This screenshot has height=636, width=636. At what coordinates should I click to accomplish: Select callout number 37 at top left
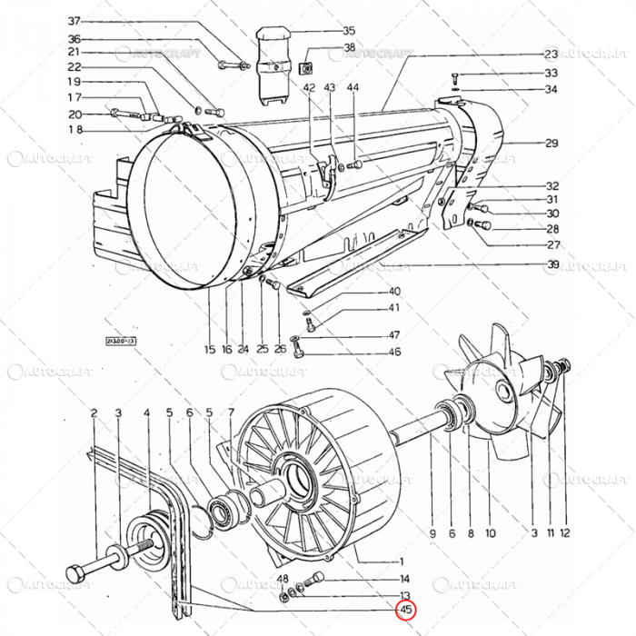pos(75,20)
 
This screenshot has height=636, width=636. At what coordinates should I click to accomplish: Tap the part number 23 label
pos(551,54)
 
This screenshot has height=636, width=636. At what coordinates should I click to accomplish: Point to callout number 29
pos(551,144)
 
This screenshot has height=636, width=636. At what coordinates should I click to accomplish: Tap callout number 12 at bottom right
pos(564,533)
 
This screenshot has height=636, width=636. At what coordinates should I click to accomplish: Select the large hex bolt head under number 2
pos(76,575)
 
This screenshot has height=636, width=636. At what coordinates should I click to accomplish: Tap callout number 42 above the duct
pos(309,87)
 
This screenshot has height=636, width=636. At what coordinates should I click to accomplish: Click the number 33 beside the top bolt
pos(551,73)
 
